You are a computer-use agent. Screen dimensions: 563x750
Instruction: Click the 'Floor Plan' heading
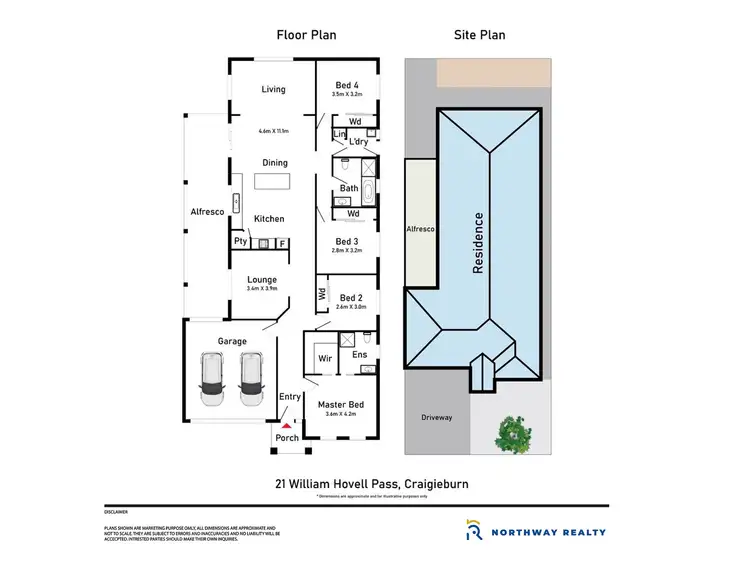306,35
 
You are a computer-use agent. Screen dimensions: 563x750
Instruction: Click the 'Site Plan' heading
479,35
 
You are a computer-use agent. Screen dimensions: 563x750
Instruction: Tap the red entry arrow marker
284,426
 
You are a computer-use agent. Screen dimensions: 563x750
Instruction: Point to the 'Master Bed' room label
341,405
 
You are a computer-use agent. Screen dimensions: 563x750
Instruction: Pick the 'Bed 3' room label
347,242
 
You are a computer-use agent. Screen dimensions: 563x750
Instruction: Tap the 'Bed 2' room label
351,297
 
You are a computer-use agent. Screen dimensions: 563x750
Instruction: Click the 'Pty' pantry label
240,241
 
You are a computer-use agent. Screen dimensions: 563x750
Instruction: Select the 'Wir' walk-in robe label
325,357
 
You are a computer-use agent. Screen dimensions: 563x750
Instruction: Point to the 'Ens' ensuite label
360,355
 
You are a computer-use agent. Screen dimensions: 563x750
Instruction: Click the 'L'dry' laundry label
359,141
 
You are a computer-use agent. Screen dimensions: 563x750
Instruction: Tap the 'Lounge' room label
262,280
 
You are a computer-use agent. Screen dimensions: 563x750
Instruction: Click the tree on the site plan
515,433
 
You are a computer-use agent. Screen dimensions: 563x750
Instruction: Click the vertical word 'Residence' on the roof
479,243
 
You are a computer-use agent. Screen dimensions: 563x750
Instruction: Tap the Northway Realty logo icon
474,530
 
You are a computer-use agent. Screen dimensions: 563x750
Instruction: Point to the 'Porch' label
287,438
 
